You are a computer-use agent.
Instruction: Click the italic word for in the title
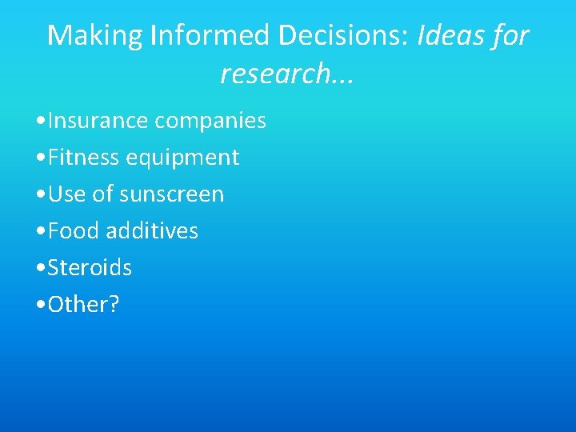[x=511, y=36]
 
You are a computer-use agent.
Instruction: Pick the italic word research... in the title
[x=287, y=74]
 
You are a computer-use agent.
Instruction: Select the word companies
[x=210, y=121]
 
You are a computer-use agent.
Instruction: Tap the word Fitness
[x=83, y=158]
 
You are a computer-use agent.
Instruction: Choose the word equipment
[x=182, y=158]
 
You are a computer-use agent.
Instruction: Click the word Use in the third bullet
[x=65, y=194]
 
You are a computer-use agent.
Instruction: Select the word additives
[x=152, y=231]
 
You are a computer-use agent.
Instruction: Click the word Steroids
[x=90, y=268]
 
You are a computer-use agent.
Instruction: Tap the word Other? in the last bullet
[x=82, y=305]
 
